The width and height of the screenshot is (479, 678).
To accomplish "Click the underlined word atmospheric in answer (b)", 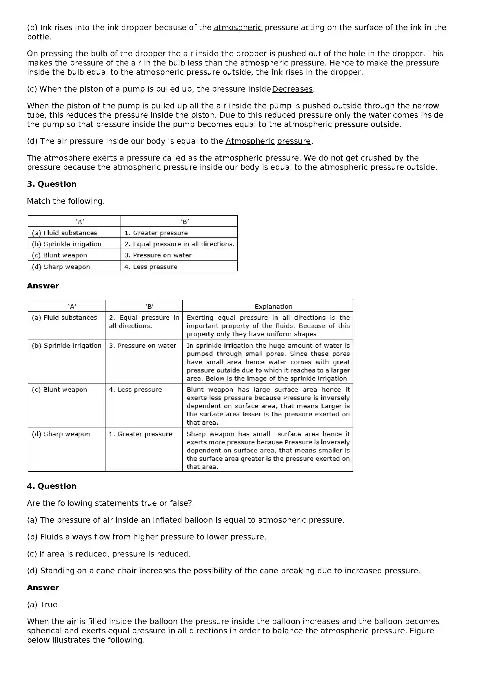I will (x=238, y=28).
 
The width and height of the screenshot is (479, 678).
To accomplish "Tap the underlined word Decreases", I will (x=292, y=89).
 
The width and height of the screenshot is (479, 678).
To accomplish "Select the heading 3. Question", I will (x=52, y=184).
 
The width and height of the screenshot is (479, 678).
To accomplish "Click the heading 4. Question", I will (x=52, y=486).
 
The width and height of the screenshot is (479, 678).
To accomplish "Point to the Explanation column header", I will (x=273, y=306).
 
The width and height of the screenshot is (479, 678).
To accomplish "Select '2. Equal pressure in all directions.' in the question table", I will (x=179, y=244).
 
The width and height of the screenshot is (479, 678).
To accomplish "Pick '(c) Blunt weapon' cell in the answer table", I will (x=59, y=390).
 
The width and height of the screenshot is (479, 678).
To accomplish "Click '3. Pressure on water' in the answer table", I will (x=143, y=346).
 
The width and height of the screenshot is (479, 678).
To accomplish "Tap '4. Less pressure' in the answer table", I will (x=135, y=390).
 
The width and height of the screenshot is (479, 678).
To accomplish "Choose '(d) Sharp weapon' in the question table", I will (x=61, y=267).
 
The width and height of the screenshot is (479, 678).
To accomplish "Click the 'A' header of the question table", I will (x=80, y=221).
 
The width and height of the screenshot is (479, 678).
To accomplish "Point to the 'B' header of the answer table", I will (x=150, y=306).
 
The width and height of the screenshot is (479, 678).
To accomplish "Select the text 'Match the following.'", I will (x=66, y=201).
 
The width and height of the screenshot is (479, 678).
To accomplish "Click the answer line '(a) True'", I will (x=42, y=604).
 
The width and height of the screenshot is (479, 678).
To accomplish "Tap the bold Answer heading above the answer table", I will (x=43, y=286).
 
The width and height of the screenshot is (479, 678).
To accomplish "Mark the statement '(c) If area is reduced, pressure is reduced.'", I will (x=109, y=554).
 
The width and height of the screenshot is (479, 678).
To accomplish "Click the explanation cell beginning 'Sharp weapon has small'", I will (x=268, y=450).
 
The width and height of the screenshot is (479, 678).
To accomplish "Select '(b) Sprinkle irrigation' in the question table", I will (x=66, y=244).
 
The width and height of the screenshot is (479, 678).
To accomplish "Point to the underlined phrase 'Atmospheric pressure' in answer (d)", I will (x=268, y=141).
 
